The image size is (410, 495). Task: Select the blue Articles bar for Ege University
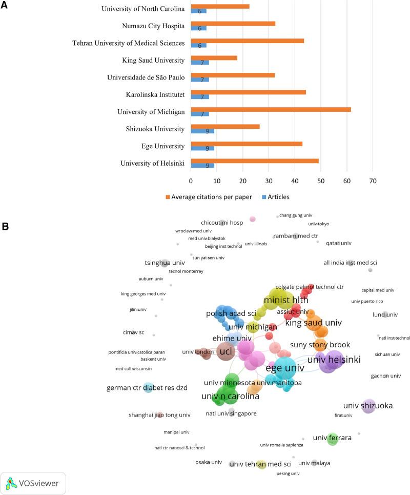(x=202, y=149)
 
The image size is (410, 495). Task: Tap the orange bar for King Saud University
(x=214, y=58)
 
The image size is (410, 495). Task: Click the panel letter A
(x=4, y=5)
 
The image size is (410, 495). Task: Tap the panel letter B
(x=4, y=225)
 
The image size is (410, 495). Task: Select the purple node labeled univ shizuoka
(x=368, y=406)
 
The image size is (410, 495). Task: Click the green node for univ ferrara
(x=332, y=439)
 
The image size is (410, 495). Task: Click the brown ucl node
(x=225, y=352)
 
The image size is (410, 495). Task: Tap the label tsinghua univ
(x=164, y=263)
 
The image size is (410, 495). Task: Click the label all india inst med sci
(x=350, y=263)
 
